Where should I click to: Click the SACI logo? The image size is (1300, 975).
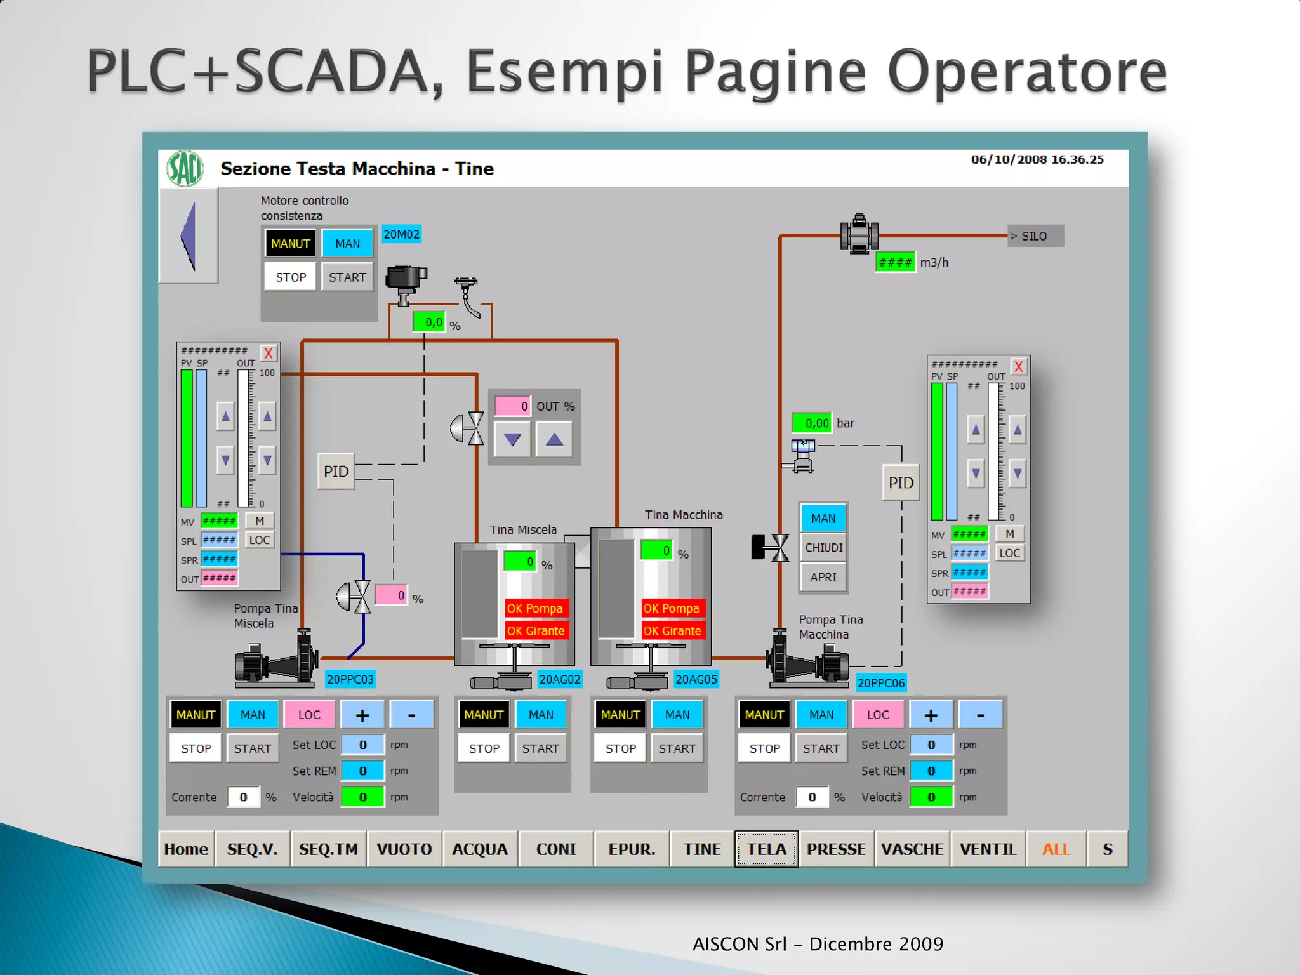coord(185,169)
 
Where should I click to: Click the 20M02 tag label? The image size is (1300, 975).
coord(401,234)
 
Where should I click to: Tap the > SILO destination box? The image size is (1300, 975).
coord(1035,236)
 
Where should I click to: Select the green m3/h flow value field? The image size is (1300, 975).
coord(895,262)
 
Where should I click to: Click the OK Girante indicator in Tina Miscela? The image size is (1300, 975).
coord(536,631)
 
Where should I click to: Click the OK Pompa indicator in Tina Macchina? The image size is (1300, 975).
coord(672,608)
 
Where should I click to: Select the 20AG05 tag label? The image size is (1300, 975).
coord(696,680)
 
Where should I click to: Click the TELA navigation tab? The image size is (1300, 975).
coord(766,849)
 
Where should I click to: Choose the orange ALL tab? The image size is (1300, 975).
coord(1056,849)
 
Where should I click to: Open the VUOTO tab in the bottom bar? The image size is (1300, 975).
coord(404,849)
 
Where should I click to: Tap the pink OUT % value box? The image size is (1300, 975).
coord(512,406)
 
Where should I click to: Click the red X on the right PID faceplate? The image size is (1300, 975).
coord(1018,367)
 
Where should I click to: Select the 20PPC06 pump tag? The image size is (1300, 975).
coord(880,683)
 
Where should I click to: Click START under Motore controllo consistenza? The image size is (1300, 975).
coord(347,277)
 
